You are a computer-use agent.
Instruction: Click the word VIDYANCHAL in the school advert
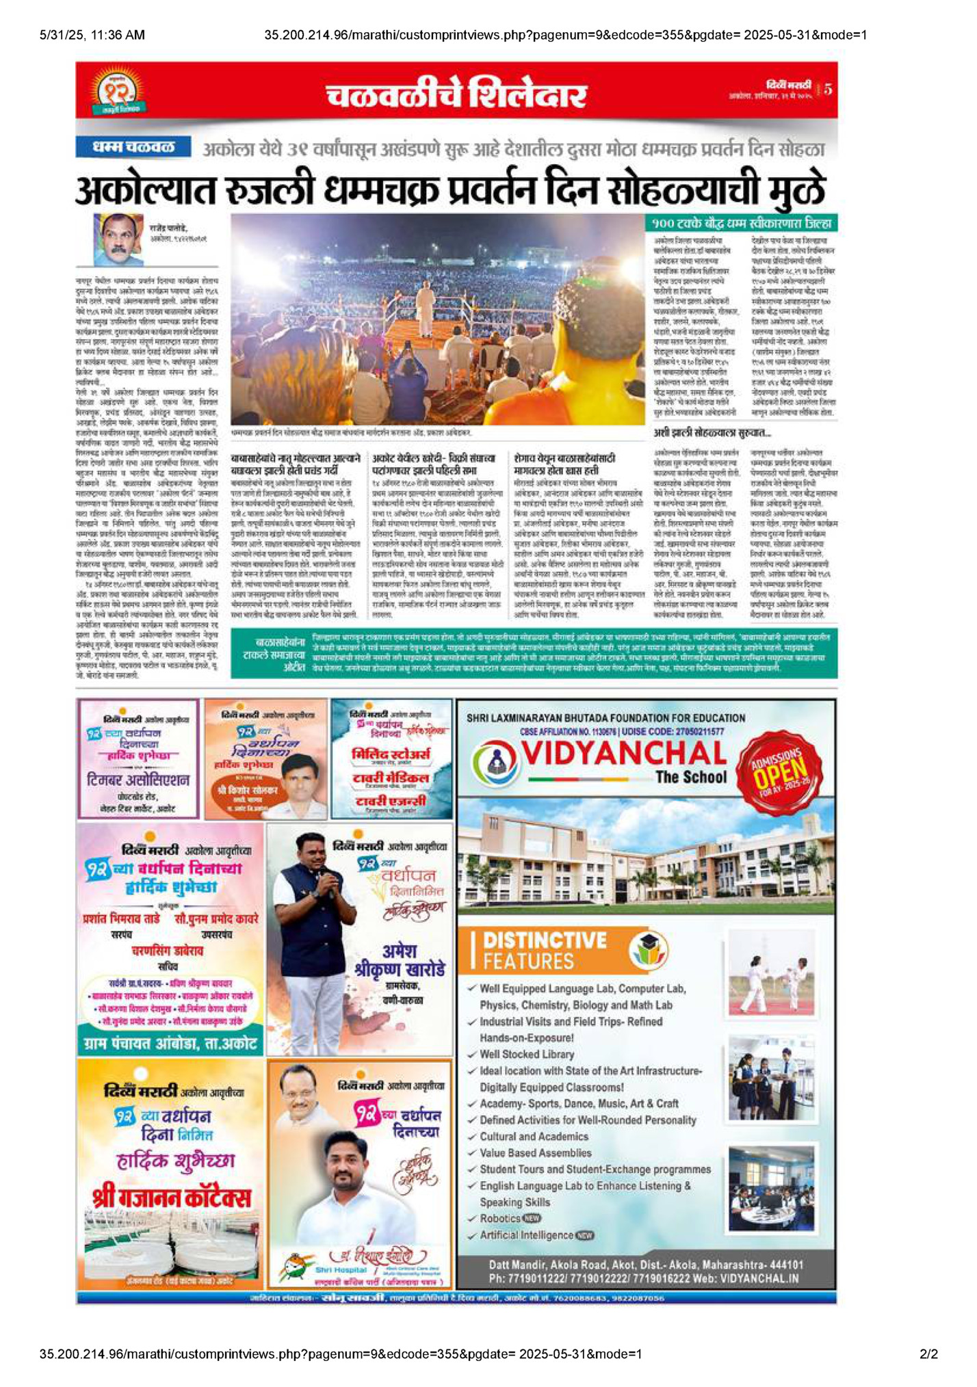[x=623, y=754]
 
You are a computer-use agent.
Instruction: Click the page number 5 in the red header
[x=828, y=89]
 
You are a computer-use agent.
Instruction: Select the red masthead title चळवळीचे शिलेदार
[x=456, y=94]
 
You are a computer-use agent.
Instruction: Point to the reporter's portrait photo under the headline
[x=118, y=239]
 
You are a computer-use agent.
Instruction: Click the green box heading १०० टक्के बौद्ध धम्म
[x=742, y=223]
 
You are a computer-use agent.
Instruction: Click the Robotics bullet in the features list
[x=500, y=1218]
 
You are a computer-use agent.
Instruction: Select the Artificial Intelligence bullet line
[x=527, y=1234]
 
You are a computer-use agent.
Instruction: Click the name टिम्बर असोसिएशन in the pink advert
[x=139, y=780]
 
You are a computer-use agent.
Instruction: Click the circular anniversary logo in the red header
[x=116, y=90]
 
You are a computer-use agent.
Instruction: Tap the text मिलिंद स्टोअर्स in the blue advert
[x=391, y=754]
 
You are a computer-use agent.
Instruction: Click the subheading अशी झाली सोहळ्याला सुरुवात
[x=712, y=433]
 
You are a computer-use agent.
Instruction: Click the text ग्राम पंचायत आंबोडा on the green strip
[x=170, y=1044]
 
